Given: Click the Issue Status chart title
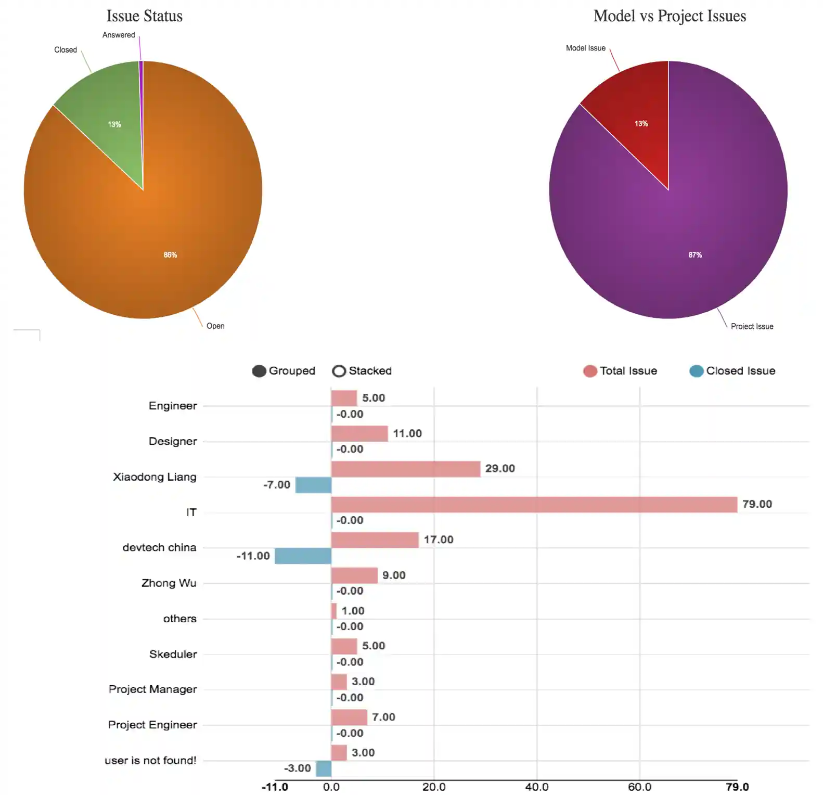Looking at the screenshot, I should pyautogui.click(x=144, y=16).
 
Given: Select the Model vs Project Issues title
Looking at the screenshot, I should pyautogui.click(x=670, y=16).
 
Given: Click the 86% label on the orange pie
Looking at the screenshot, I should pyautogui.click(x=170, y=255).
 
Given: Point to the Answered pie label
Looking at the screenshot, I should pyautogui.click(x=119, y=35).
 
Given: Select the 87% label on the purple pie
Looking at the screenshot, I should pyautogui.click(x=695, y=255).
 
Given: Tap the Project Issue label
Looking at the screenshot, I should pyautogui.click(x=752, y=326).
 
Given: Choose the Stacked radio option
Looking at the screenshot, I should pyautogui.click(x=362, y=371).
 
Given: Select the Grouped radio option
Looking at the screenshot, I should pyautogui.click(x=284, y=371).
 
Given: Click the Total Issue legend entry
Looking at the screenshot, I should pyautogui.click(x=620, y=371).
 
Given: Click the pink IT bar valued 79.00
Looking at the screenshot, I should pyautogui.click(x=534, y=505).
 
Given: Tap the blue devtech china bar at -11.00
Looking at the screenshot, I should pyautogui.click(x=303, y=556).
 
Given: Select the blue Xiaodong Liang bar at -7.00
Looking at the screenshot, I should pyautogui.click(x=313, y=485).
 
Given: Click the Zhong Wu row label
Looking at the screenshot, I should pyautogui.click(x=169, y=583).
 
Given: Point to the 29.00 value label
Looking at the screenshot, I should pyautogui.click(x=500, y=469).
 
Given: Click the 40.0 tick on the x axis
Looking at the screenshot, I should pyautogui.click(x=536, y=787).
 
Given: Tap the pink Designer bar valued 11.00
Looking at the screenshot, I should pyautogui.click(x=359, y=433).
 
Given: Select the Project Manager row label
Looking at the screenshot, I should pyautogui.click(x=152, y=689).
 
